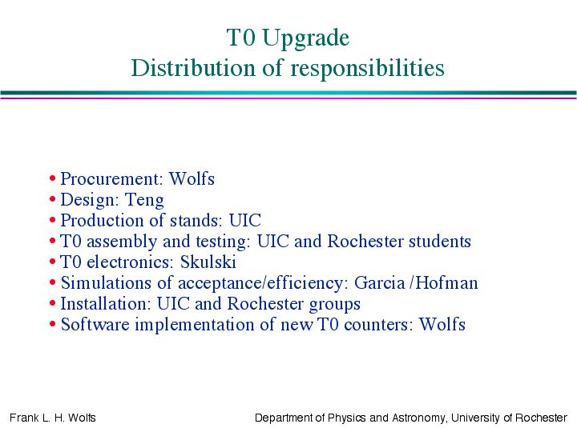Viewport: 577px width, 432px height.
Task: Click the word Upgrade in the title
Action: pyautogui.click(x=306, y=38)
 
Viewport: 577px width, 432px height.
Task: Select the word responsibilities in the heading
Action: pyautogui.click(x=367, y=69)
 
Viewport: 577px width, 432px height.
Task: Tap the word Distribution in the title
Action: pyautogui.click(x=193, y=68)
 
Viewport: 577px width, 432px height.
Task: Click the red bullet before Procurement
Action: pyautogui.click(x=53, y=178)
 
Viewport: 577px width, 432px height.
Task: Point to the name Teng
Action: pyautogui.click(x=144, y=201)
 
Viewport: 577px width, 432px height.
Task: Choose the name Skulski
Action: pyautogui.click(x=208, y=262)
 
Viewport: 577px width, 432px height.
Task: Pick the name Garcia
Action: pyautogui.click(x=379, y=283)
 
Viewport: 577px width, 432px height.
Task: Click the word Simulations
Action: pyautogui.click(x=106, y=283)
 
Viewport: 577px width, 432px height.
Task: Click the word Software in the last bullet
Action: pyautogui.click(x=95, y=324)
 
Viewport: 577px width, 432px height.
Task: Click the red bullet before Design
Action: pyautogui.click(x=53, y=199)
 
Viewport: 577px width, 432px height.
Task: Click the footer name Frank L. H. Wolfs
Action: pyautogui.click(x=53, y=418)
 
